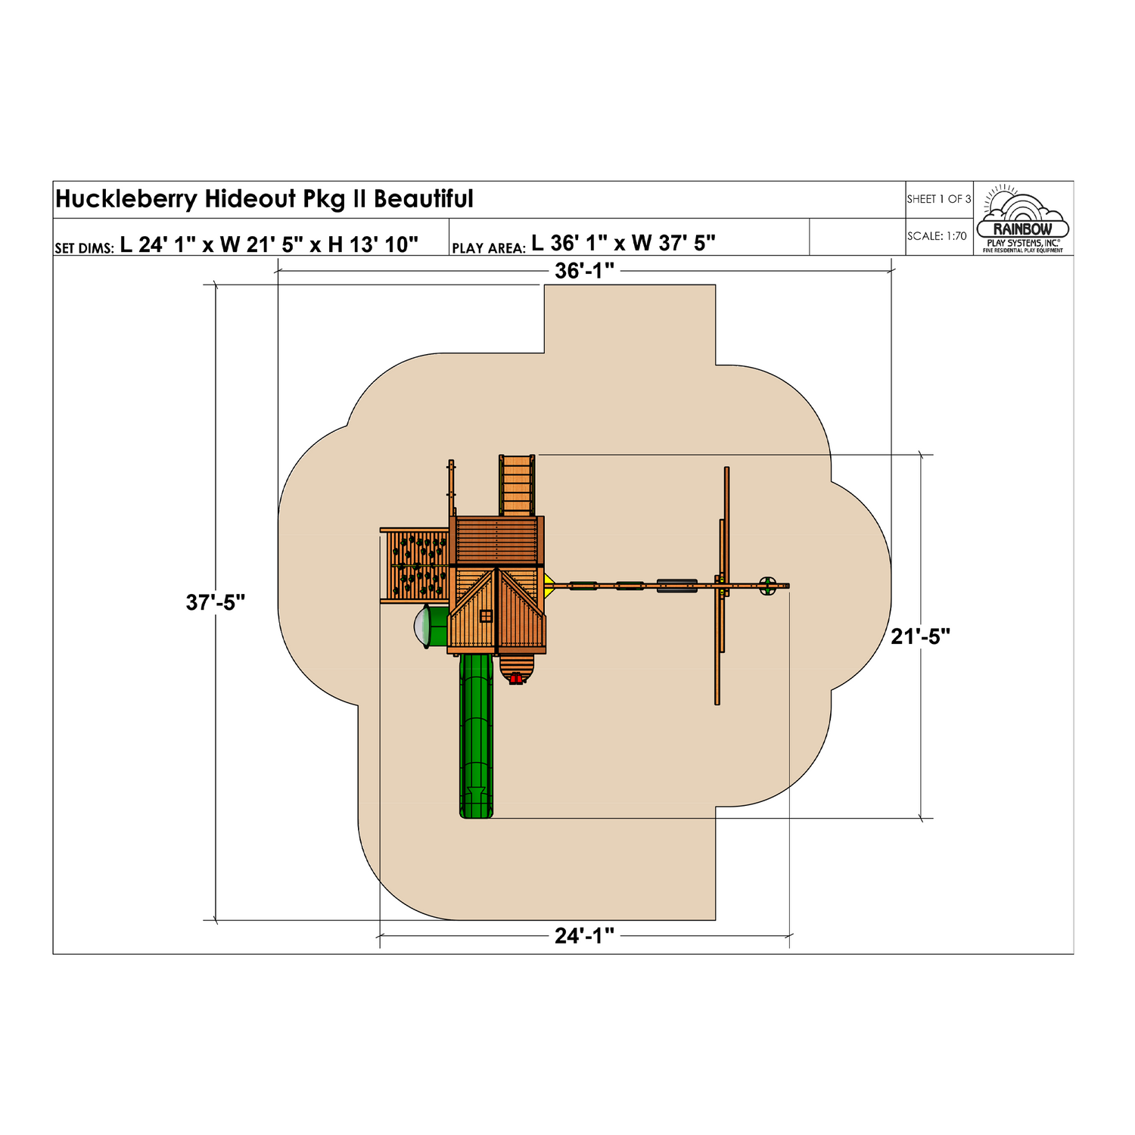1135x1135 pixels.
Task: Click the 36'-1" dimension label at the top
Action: point(584,271)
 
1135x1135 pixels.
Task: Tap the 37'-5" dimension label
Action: point(216,602)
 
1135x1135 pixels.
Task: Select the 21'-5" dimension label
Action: point(920,636)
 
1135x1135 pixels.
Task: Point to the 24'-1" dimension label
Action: point(584,936)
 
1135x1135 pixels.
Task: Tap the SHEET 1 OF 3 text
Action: point(938,199)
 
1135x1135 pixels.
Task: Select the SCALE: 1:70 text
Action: point(937,236)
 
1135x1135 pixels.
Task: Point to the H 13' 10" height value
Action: point(373,244)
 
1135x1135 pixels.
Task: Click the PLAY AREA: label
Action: point(488,248)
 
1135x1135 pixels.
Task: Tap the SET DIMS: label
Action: point(84,248)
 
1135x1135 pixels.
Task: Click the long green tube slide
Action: point(476,734)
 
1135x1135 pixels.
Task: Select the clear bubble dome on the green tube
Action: point(420,627)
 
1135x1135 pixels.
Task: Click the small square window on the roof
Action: point(486,616)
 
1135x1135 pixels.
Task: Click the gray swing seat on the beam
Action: point(676,585)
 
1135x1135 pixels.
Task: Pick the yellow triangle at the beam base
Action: point(549,585)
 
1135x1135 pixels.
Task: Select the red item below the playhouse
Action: point(516,679)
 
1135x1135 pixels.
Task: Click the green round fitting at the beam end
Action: point(767,586)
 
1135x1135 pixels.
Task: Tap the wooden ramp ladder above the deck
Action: point(517,485)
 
